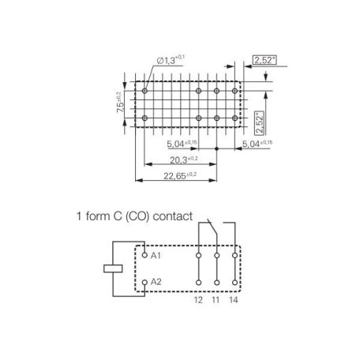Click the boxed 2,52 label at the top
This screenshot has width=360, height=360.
[x=264, y=60]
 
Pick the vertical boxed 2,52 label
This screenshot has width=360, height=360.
[x=260, y=122]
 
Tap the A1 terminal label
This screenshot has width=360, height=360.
[x=156, y=255]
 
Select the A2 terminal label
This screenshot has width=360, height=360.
[x=156, y=282]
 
